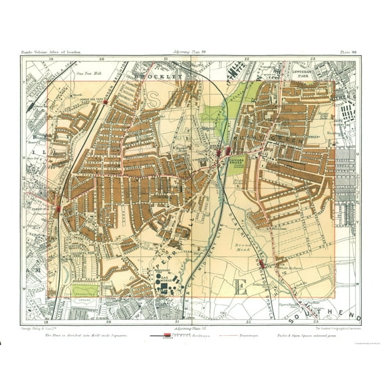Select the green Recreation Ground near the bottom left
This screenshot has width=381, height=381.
[x=83, y=290]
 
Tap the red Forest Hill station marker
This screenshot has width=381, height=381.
[x=60, y=208]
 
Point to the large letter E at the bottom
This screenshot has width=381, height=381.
[x=243, y=288]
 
